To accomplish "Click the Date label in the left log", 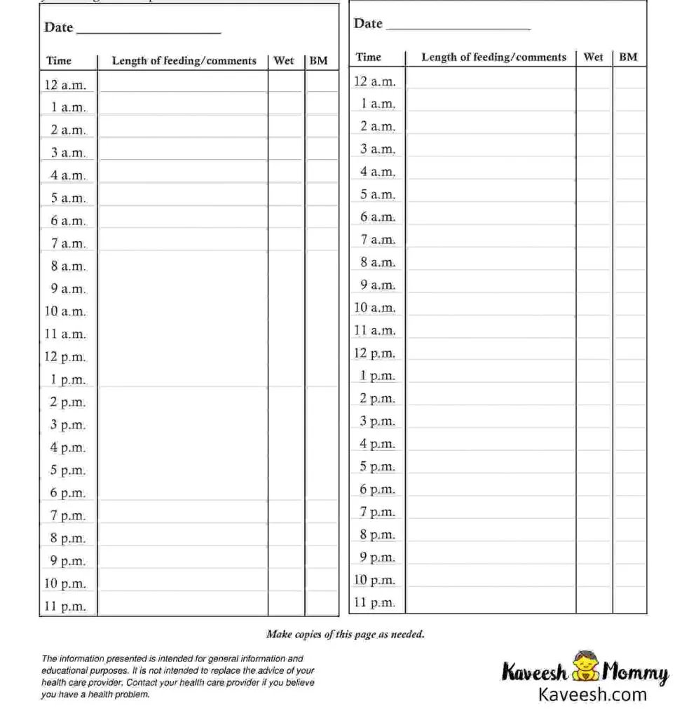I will pos(59,27).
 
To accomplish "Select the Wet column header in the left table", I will pos(284,61).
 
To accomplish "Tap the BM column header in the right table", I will pos(628,57).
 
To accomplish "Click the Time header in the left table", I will pos(59,61).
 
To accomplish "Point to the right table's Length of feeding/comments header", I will pos(493,57).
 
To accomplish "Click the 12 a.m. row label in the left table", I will pos(65,85).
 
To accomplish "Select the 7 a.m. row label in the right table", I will pos(378,240).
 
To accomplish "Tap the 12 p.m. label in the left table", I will pos(65,357).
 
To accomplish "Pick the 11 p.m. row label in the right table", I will pos(374,602).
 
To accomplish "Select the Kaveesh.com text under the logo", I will pos(592,695).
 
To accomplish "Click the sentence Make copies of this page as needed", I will pos(345,635).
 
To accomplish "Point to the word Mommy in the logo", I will pos(635,673).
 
